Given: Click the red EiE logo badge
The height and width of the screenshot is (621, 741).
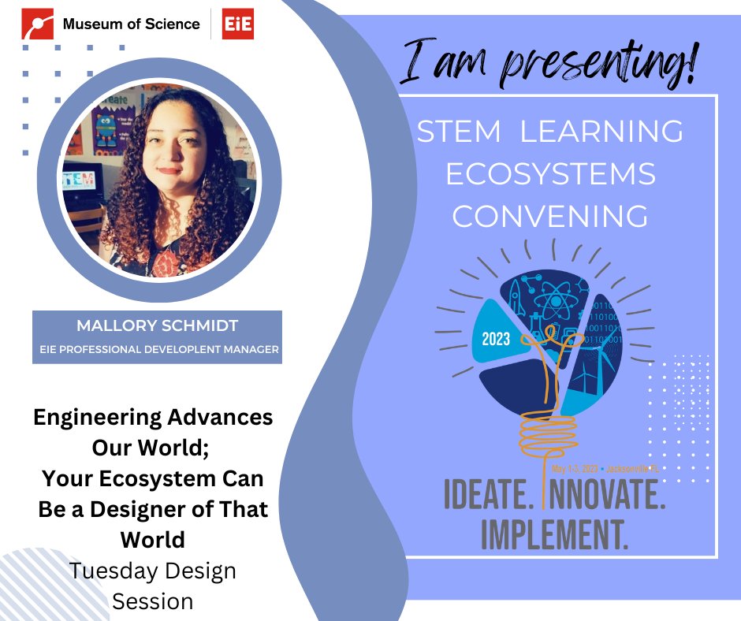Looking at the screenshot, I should tap(237, 24).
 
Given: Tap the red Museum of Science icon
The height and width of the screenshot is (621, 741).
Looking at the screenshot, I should tap(38, 24).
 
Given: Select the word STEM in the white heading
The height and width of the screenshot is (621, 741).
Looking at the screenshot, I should tap(459, 132).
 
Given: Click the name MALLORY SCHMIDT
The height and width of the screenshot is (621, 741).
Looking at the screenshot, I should tap(156, 326).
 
